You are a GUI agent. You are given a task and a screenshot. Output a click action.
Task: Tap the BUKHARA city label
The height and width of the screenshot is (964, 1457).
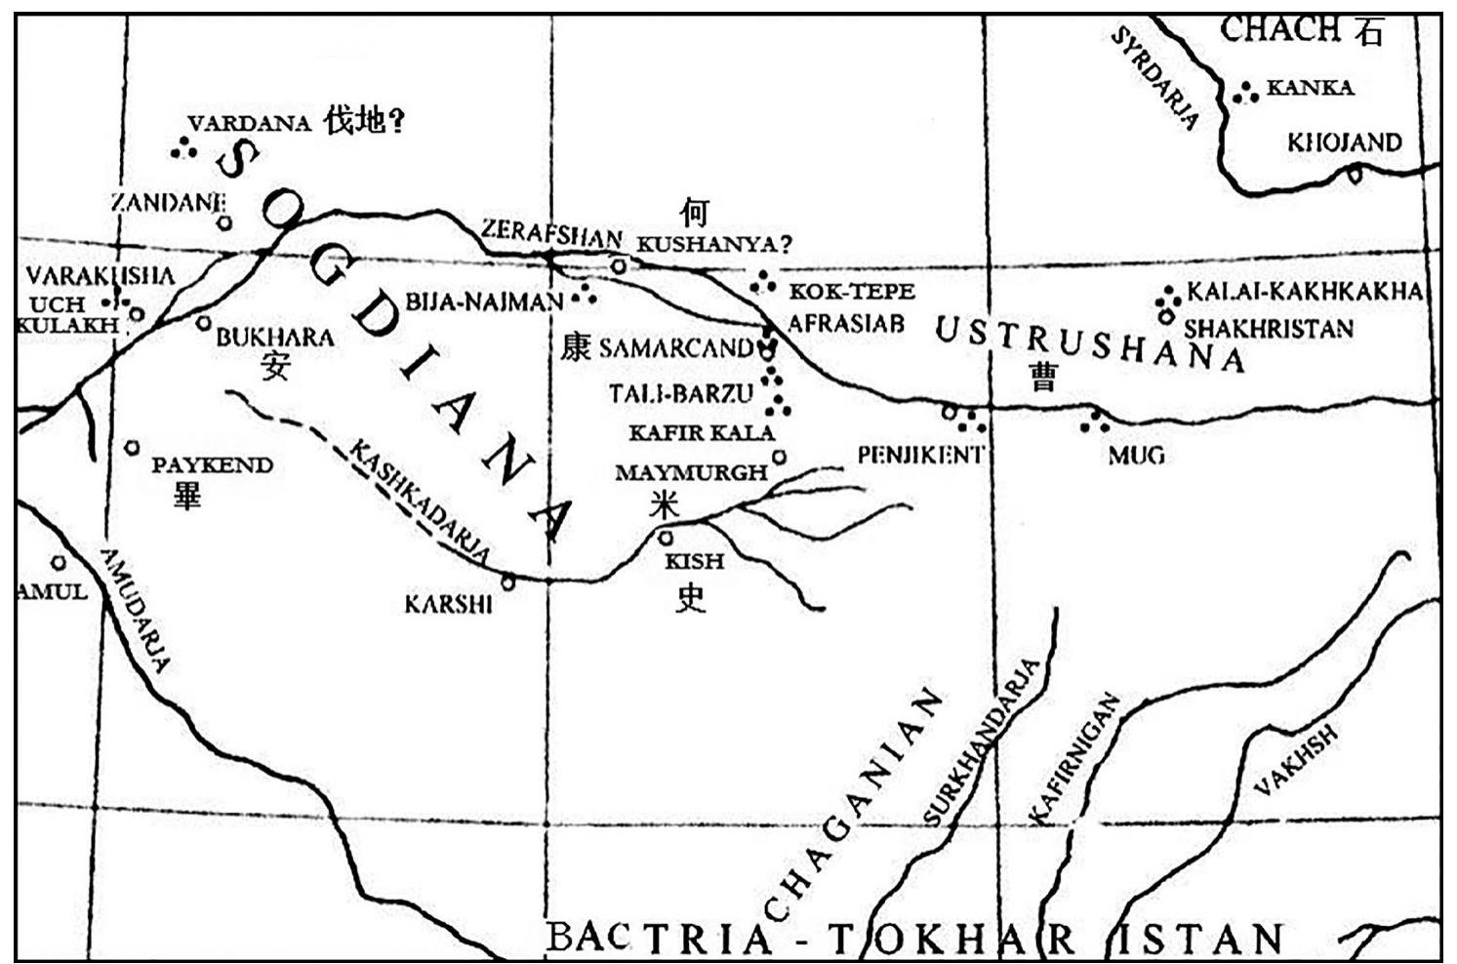(274, 338)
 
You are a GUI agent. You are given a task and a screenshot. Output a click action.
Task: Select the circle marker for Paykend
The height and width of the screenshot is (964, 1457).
(132, 447)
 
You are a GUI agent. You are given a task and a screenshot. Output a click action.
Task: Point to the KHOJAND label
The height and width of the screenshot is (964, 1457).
(1344, 142)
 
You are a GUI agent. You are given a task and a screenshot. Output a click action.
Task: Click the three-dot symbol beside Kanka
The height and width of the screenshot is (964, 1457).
(1244, 95)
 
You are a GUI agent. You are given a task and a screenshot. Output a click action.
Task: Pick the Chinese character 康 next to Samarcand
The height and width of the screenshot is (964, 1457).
(575, 347)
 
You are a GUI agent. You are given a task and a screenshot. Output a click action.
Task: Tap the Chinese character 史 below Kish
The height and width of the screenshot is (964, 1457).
(691, 597)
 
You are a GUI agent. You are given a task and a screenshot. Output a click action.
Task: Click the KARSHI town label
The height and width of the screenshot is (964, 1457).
(448, 605)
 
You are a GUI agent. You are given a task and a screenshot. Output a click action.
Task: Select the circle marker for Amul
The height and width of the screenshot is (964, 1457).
(59, 562)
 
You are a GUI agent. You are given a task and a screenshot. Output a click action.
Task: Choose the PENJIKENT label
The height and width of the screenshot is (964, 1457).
(920, 455)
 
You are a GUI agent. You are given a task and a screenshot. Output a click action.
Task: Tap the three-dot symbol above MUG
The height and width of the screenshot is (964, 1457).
(1094, 421)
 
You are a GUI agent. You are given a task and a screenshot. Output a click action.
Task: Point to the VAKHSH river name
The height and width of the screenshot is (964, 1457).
(1295, 759)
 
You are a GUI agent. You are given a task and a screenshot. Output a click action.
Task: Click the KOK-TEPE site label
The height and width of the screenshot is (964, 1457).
(851, 291)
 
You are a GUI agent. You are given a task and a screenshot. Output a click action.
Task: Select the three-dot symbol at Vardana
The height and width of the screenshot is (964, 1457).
(183, 148)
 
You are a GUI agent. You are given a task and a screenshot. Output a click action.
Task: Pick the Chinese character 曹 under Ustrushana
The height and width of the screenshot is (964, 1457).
(1043, 377)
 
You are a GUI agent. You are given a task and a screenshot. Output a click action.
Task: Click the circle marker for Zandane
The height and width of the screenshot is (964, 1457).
(224, 222)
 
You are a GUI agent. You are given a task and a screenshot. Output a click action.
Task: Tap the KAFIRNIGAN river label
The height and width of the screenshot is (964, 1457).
(1073, 758)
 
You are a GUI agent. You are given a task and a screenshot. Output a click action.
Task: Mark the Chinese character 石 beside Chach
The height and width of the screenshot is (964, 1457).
(1369, 31)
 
